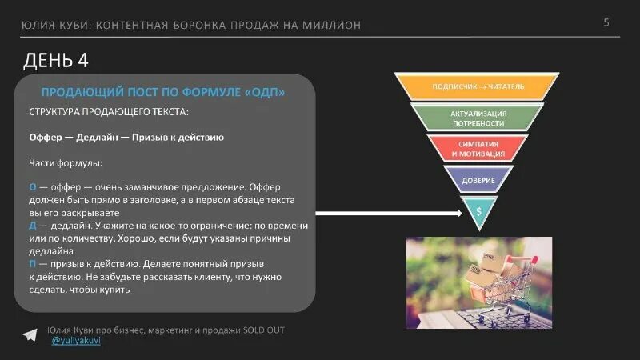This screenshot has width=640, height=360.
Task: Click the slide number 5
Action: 606,22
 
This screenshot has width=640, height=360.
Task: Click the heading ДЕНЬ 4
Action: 56,61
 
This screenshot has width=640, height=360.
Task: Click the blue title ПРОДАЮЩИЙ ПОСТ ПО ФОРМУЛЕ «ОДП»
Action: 163,93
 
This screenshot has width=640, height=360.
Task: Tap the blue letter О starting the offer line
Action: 32,186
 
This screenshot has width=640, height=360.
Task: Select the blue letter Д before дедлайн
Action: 32,226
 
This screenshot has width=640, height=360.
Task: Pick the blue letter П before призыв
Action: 32,263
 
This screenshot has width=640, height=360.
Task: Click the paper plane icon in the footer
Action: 30,334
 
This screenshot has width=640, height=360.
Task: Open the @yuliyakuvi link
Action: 77,342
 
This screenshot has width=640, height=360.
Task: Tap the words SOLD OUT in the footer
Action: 264,330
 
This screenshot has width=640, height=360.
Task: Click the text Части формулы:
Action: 66,163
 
